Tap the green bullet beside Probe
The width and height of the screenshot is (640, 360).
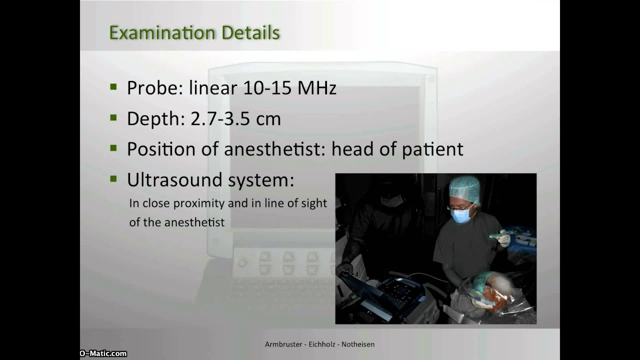pos(113,87)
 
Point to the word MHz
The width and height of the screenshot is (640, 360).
pos(317,88)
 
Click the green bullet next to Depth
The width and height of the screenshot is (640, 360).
pos(113,118)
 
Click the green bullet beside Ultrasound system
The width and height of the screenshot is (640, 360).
pos(113,178)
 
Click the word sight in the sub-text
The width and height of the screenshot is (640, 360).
pos(315,203)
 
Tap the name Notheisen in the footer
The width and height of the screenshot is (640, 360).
pos(358,344)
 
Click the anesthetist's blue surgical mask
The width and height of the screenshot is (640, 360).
pos(460,215)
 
